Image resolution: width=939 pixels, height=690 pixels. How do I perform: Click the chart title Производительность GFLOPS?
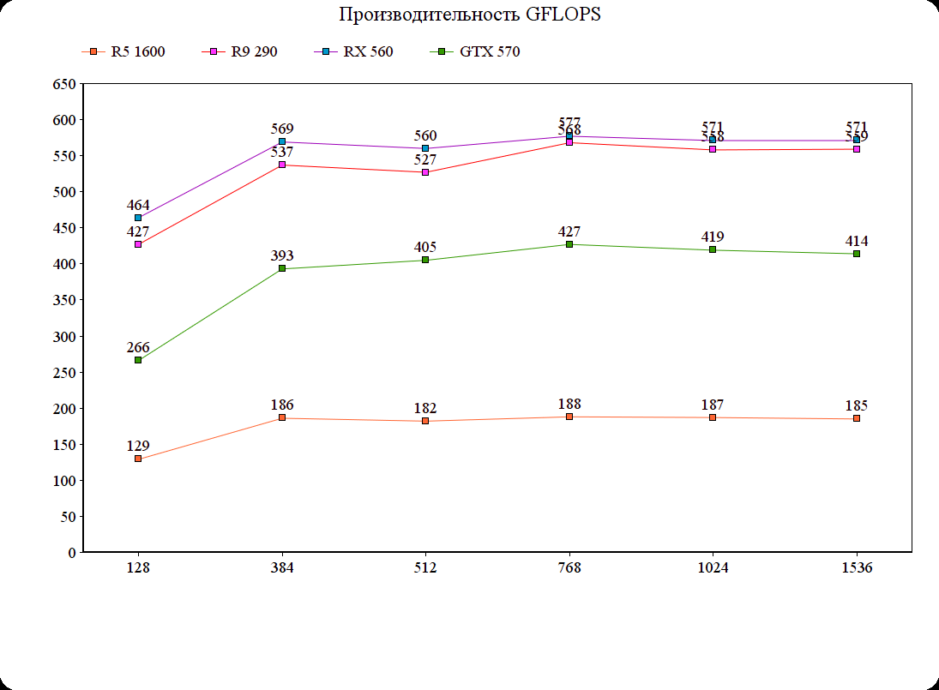(469, 15)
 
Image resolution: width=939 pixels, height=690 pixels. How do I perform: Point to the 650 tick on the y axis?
(65, 84)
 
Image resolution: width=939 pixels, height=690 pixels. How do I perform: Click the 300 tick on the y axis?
(65, 336)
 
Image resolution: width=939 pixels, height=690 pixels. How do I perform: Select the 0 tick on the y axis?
(71, 553)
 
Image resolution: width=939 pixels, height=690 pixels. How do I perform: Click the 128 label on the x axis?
(138, 568)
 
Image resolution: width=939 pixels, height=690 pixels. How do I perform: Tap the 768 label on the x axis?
(569, 568)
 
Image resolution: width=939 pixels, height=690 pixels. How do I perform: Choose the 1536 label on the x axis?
(857, 568)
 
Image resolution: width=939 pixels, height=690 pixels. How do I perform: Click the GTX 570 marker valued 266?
(138, 360)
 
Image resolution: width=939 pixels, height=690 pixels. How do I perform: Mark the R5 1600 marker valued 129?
(138, 459)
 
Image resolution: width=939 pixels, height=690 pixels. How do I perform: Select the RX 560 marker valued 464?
(138, 218)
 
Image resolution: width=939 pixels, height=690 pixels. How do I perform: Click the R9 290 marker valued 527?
(425, 172)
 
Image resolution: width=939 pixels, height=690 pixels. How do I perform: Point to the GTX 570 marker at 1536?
(857, 254)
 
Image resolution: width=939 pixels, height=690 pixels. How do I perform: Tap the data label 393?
(282, 255)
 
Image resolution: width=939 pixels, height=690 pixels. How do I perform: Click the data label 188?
(569, 404)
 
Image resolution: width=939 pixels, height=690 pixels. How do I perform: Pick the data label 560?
(425, 135)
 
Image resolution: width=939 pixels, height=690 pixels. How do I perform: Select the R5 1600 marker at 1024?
(713, 417)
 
